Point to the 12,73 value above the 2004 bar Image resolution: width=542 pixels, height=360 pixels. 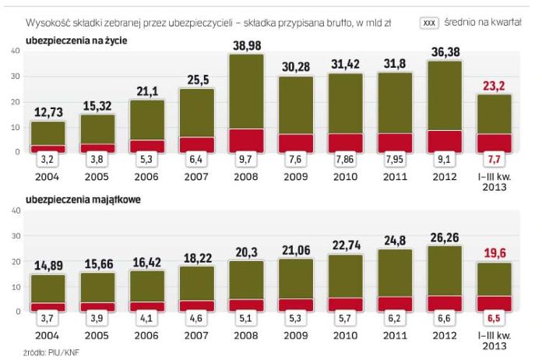[x=48, y=114]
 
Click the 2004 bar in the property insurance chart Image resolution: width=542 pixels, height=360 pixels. [x=48, y=292]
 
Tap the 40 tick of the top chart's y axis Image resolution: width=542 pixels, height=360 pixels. [x=16, y=51]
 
